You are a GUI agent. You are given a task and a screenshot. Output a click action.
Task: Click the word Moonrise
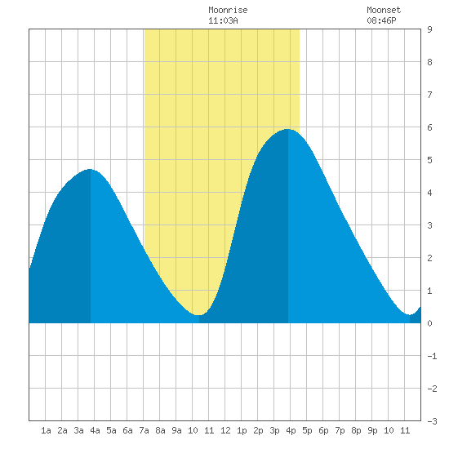pyautogui.click(x=228, y=10)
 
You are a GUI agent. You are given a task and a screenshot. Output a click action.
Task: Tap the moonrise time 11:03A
pyautogui.click(x=223, y=20)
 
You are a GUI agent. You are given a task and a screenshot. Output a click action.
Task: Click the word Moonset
pyautogui.click(x=384, y=10)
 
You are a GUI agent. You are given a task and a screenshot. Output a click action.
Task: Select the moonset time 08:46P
pyautogui.click(x=381, y=20)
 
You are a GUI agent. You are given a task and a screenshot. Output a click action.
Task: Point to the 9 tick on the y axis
pyautogui.click(x=429, y=29)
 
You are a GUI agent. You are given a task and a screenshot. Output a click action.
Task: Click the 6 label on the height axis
pyautogui.click(x=429, y=127)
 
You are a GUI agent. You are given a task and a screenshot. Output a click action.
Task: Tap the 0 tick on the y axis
pyautogui.click(x=429, y=323)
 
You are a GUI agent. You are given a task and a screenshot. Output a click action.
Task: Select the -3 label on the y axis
pyautogui.click(x=432, y=421)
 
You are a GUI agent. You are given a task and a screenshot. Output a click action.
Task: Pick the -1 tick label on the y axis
pyautogui.click(x=432, y=356)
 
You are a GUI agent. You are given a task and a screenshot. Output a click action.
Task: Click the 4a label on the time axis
pyautogui.click(x=95, y=430)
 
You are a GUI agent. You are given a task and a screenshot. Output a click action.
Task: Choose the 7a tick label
pyautogui.click(x=144, y=430)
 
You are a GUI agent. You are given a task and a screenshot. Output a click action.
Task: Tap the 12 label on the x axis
pyautogui.click(x=225, y=430)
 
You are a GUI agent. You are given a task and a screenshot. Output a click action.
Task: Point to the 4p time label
pyautogui.click(x=291, y=430)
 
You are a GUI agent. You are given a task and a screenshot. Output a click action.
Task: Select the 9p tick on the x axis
pyautogui.click(x=372, y=430)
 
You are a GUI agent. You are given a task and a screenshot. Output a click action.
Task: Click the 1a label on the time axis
pyautogui.click(x=46, y=430)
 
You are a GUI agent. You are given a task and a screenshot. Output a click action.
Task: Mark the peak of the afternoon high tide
pyautogui.click(x=288, y=129)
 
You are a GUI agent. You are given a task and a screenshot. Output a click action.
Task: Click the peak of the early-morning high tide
pyautogui.click(x=90, y=169)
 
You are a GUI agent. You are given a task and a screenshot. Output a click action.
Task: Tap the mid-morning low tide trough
pyautogui.click(x=198, y=315)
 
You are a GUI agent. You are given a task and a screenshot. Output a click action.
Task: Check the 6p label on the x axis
pyautogui.click(x=323, y=430)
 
